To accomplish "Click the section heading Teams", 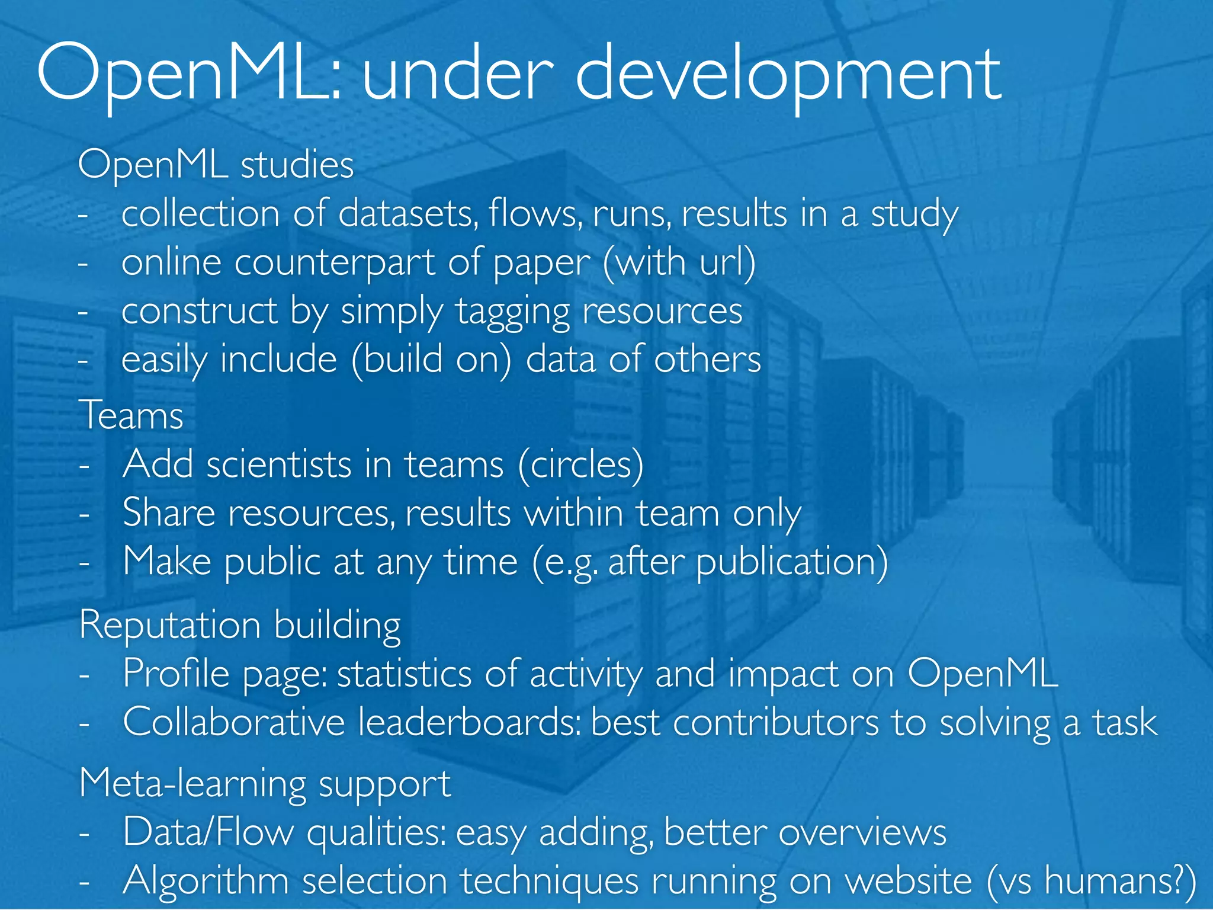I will coord(131,415).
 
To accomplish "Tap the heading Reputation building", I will coord(240,625).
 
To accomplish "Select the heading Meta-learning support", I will coord(265,783).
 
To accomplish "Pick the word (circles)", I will coord(580,464).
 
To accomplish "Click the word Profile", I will coord(176,674).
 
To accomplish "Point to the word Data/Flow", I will coord(208,832).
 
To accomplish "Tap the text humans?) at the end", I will coord(1119,880).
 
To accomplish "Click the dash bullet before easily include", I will coord(84,360).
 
